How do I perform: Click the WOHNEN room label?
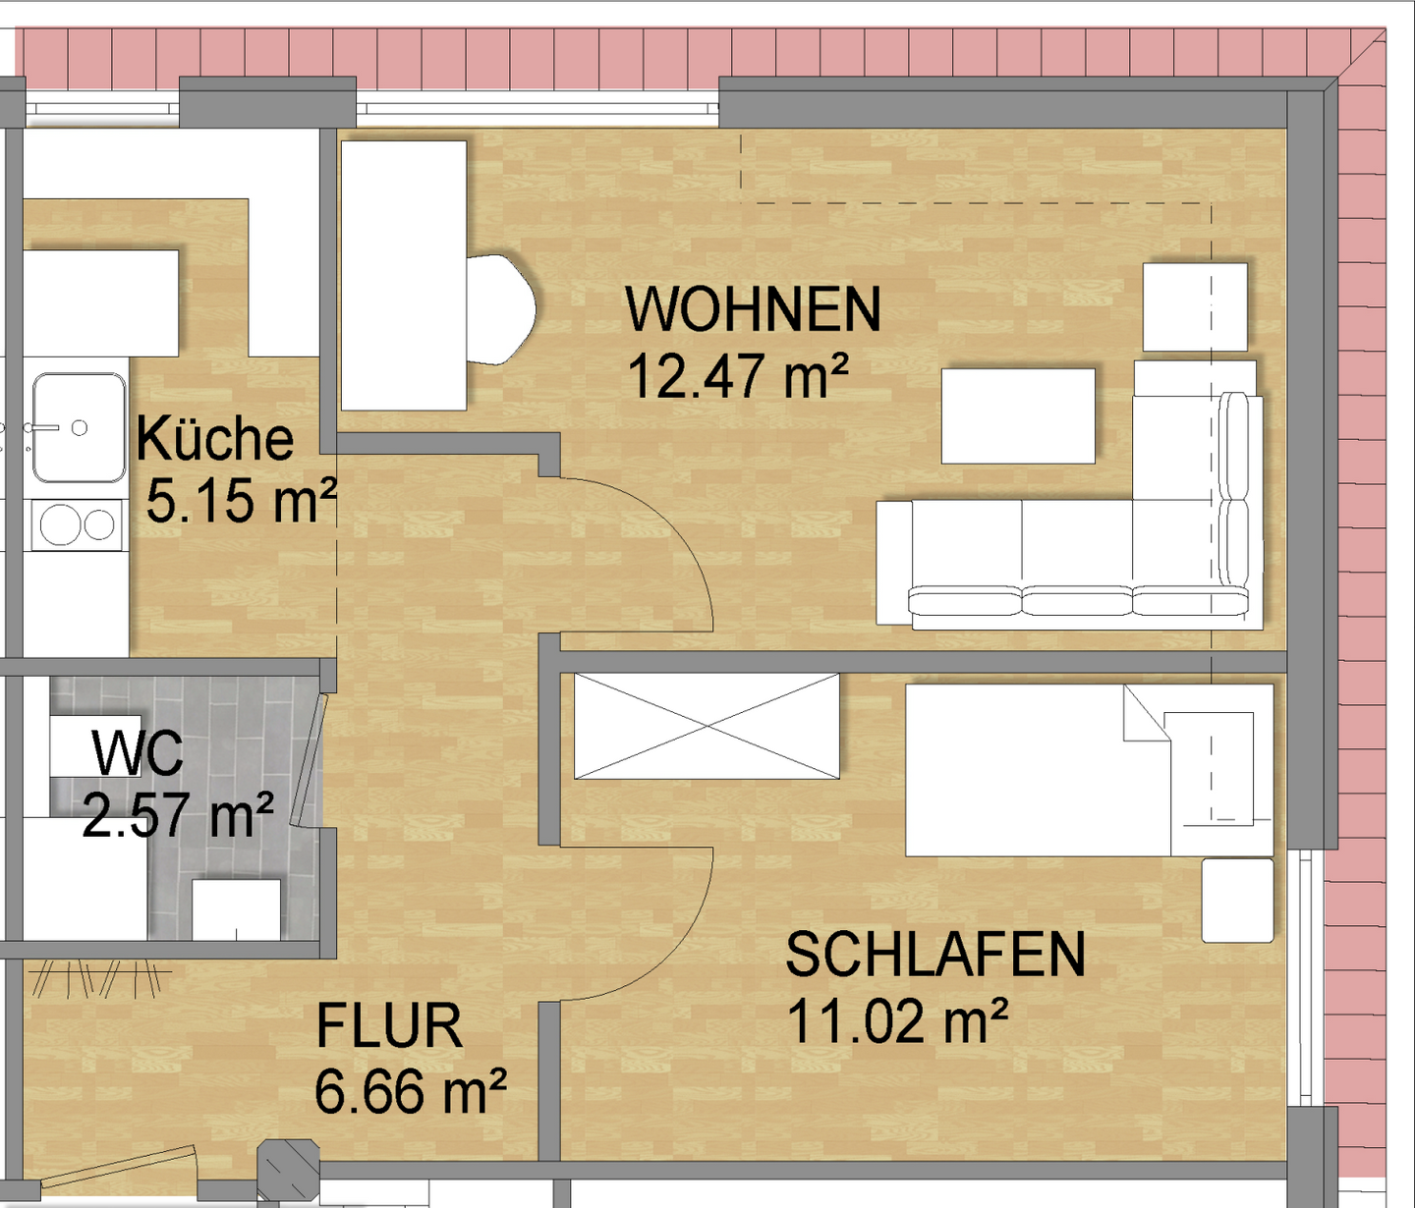click(753, 309)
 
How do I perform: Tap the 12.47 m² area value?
click(737, 376)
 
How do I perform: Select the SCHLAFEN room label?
click(934, 955)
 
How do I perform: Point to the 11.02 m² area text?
click(897, 1021)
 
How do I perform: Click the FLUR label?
click(389, 1027)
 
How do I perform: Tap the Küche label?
click(215, 438)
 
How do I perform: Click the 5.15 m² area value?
click(241, 501)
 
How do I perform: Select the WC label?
click(137, 753)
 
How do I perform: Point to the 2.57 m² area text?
click(178, 814)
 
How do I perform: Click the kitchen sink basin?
click(79, 428)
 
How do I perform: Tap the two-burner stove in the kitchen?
click(78, 524)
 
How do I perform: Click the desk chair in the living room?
click(501, 309)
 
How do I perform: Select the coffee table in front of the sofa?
click(1018, 415)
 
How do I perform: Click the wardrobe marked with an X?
click(707, 727)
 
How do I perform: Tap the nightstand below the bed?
click(1238, 900)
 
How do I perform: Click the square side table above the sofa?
click(1195, 306)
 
